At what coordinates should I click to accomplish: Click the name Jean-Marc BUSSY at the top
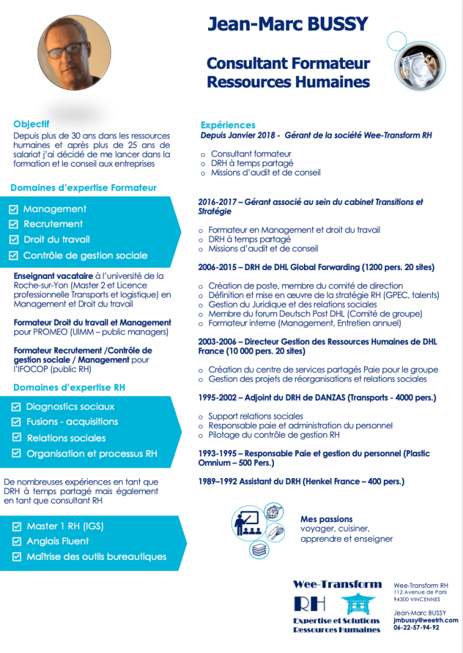288,24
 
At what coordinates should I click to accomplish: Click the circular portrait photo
74,53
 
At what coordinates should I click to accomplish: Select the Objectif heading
31,124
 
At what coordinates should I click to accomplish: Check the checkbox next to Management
13,209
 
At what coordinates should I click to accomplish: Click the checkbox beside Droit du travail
13,240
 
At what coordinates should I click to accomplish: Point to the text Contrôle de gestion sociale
85,255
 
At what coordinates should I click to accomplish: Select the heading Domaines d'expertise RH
69,387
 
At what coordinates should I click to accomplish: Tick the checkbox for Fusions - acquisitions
17,422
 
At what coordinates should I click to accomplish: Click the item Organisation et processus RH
91,454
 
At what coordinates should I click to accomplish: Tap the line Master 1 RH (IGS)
65,526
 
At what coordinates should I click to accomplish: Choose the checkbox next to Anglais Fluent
17,541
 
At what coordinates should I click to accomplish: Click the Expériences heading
228,125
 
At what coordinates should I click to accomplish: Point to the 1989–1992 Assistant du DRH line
301,481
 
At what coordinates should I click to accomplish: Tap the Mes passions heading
326,519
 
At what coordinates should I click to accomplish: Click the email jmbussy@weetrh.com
426,620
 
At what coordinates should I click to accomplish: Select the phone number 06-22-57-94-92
416,627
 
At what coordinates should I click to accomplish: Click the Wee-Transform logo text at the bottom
337,584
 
